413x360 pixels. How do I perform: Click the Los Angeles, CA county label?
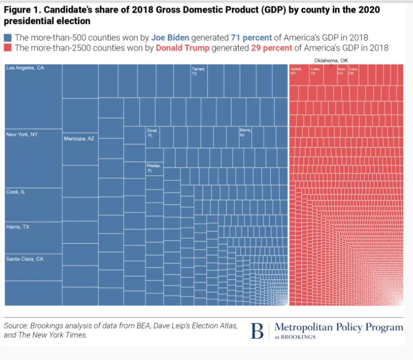click(x=25, y=68)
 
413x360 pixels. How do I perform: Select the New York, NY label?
click(x=22, y=134)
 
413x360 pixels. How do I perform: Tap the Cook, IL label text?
click(x=16, y=192)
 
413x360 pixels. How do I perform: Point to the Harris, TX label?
click(x=18, y=227)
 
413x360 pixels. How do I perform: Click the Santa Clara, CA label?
click(x=24, y=259)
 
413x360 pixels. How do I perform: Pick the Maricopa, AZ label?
click(x=79, y=139)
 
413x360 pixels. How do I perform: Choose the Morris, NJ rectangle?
click(x=246, y=137)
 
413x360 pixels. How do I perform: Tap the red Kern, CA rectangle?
click(x=342, y=75)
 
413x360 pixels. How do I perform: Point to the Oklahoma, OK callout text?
click(x=331, y=61)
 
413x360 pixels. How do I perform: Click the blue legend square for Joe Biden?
click(x=8, y=38)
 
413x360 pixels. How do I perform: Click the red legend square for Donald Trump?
click(x=8, y=48)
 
